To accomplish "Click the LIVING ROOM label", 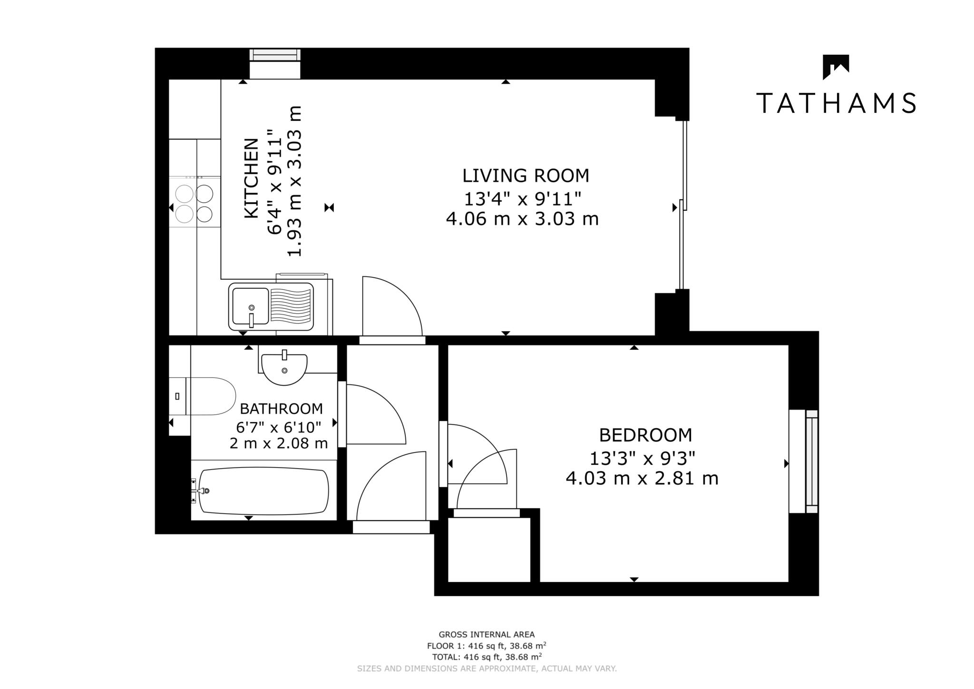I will coord(526,176).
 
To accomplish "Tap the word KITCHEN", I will coord(251,178).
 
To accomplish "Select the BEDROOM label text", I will coord(645,435).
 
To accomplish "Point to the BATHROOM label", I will coord(281,409).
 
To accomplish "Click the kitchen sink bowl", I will coord(250,306).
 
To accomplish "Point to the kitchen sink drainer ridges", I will coord(291,306).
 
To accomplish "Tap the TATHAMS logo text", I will coord(836,103).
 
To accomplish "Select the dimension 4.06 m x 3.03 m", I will coord(522,219).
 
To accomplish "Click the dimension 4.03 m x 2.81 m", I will coord(642,478).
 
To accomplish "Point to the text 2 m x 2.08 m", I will coord(279,443).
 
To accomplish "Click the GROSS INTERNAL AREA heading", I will coord(486,634).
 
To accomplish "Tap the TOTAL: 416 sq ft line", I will coord(486,657).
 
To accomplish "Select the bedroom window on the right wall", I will coord(811,461).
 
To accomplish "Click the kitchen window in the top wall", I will coord(275,56).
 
